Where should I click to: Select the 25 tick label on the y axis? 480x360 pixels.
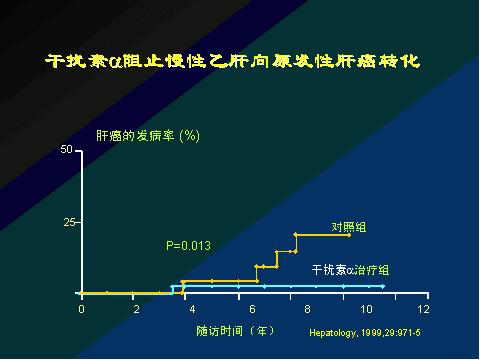(x=69, y=222)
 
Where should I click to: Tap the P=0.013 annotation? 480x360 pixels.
(x=188, y=245)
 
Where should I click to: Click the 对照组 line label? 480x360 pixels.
(x=348, y=227)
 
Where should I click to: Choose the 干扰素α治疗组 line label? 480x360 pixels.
(x=350, y=270)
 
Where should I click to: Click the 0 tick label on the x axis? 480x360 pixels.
(x=81, y=309)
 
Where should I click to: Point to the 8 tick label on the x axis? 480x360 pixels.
(x=308, y=309)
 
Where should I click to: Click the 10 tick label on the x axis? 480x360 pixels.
(x=365, y=309)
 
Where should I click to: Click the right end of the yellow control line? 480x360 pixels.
(x=349, y=235)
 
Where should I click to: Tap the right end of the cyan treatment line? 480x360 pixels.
(x=382, y=286)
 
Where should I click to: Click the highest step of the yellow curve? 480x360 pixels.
(x=322, y=235)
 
